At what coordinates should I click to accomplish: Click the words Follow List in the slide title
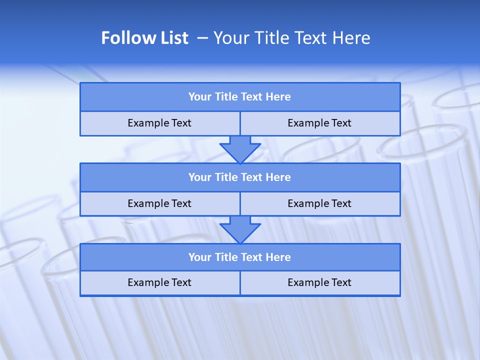coord(144,38)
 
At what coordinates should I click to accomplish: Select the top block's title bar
coord(240,97)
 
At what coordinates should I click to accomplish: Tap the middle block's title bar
coord(240,177)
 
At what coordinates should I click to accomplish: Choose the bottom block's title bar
coord(240,257)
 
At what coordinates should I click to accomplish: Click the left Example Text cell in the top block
coord(159,123)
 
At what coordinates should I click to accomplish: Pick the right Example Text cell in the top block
coord(319,123)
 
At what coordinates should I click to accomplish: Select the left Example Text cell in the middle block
coord(159,204)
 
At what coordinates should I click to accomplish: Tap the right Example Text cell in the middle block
coord(319,204)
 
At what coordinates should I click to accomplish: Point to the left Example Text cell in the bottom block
coord(159,283)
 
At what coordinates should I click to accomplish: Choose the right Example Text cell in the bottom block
coord(319,283)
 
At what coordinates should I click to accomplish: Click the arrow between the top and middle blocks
coord(240,149)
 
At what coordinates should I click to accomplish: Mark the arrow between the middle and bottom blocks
coord(240,229)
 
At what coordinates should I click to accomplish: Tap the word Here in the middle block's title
coord(278,177)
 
